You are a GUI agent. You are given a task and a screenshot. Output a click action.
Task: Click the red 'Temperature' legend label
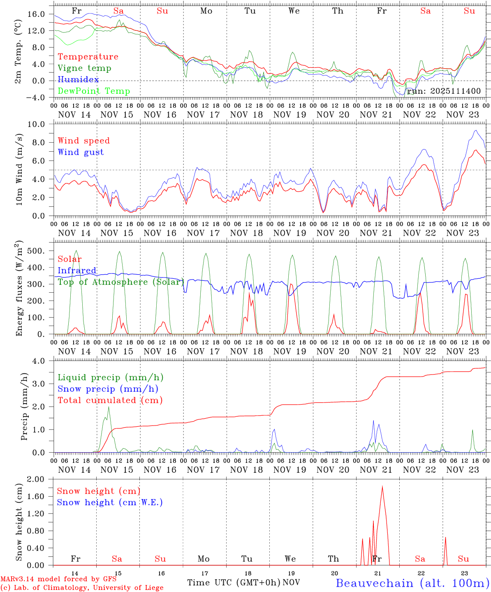(88, 57)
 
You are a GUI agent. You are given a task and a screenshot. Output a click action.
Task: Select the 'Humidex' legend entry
(78, 80)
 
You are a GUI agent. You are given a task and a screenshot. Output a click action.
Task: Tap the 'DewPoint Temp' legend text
(94, 91)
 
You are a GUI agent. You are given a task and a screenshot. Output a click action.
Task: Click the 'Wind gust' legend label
(81, 152)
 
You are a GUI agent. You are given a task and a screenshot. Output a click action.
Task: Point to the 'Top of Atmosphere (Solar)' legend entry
(120, 282)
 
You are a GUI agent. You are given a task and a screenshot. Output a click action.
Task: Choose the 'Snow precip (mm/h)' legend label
(108, 389)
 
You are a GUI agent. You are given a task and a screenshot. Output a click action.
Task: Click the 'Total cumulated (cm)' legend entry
(110, 400)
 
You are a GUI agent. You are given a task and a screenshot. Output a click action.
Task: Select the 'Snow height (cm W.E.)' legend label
(109, 502)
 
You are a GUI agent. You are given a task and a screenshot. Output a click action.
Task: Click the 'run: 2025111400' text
(444, 91)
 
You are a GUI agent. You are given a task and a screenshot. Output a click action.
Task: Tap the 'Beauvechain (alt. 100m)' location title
(412, 583)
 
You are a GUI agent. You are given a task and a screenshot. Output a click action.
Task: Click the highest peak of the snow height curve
(382, 487)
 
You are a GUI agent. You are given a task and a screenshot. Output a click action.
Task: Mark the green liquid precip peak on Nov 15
(109, 407)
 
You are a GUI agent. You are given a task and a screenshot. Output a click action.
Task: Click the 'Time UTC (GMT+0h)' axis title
(234, 583)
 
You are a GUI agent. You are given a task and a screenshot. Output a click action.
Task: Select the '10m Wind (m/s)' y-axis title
(19, 170)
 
